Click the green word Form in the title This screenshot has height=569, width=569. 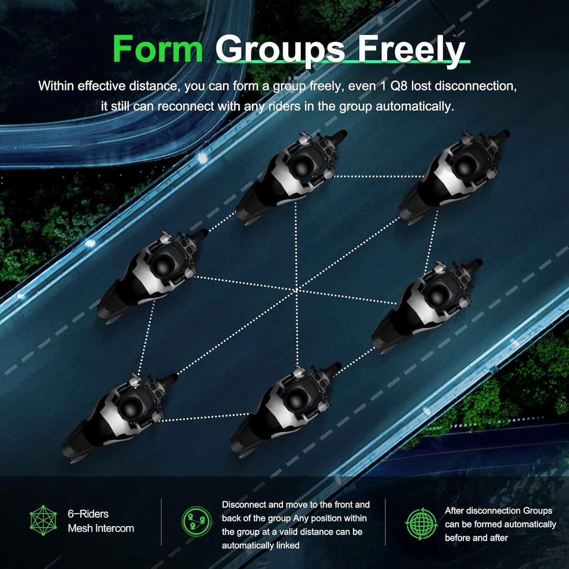point(158,48)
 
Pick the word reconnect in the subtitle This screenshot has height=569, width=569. point(186,106)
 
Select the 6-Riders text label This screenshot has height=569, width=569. point(88,514)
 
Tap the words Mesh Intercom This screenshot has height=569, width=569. point(101,528)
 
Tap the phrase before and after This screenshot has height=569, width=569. point(476,538)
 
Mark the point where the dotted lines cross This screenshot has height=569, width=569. point(297,290)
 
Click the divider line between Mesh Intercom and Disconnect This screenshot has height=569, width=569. point(161,522)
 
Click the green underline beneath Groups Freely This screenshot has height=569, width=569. point(343,62)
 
